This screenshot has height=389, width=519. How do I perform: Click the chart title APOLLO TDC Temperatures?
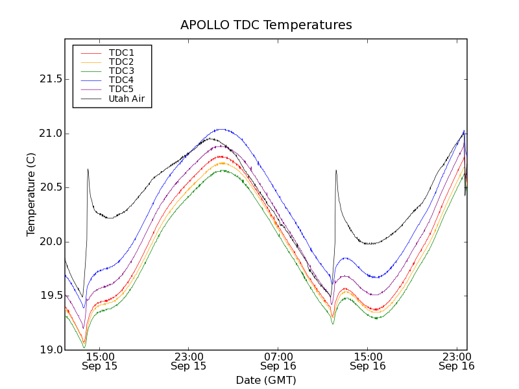pyautogui.click(x=266, y=25)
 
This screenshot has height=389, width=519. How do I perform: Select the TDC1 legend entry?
pyautogui.click(x=121, y=53)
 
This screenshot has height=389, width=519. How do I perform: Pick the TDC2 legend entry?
pyautogui.click(x=121, y=62)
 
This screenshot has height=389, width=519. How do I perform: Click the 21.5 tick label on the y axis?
pyautogui.click(x=49, y=79)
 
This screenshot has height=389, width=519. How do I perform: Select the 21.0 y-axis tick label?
pyautogui.click(x=49, y=134)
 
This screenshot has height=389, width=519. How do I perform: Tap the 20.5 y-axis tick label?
pyautogui.click(x=49, y=187)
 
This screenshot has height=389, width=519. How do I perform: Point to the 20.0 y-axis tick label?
pyautogui.click(x=49, y=242)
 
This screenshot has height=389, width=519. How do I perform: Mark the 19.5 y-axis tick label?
pyautogui.click(x=49, y=296)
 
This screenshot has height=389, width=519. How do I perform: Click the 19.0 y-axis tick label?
pyautogui.click(x=49, y=350)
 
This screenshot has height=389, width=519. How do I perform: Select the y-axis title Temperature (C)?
pyautogui.click(x=30, y=194)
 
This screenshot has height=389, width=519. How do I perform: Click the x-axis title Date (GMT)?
pyautogui.click(x=266, y=380)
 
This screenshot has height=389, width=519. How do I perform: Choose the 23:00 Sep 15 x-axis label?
pyautogui.click(x=189, y=361)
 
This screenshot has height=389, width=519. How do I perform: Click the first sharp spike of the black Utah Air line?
pyautogui.click(x=88, y=169)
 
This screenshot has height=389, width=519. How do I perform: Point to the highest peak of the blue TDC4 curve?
pyautogui.click(x=221, y=129)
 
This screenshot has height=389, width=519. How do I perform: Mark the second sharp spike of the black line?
pyautogui.click(x=336, y=171)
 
